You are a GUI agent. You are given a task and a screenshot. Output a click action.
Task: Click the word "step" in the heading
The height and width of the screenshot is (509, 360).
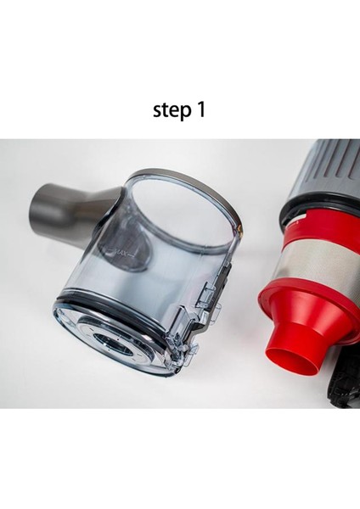(172, 110)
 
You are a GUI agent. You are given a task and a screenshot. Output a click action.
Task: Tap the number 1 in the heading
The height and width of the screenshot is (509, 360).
(200, 109)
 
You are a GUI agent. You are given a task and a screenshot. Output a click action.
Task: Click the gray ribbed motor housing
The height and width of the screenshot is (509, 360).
(328, 172)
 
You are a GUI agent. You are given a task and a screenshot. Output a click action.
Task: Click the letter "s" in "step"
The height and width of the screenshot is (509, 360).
(157, 111)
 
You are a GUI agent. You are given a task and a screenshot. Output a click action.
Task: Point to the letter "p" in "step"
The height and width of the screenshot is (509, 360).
(186, 114)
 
